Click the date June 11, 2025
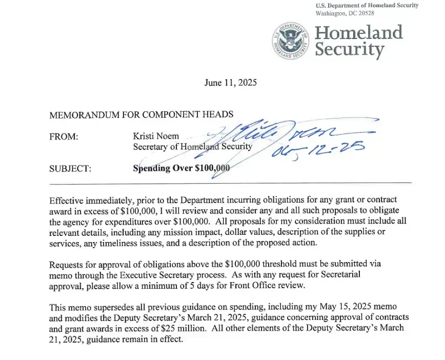pyautogui.click(x=230, y=83)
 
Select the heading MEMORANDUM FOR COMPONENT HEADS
pyautogui.click(x=141, y=115)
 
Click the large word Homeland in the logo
pyautogui.click(x=359, y=32)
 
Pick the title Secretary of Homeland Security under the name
pyautogui.click(x=192, y=147)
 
